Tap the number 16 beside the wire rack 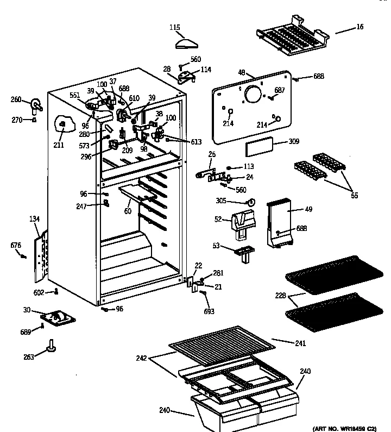coord(360,27)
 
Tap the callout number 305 coord(236,201)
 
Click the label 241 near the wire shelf coord(300,343)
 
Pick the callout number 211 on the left coord(58,145)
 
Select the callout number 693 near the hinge coord(209,311)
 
